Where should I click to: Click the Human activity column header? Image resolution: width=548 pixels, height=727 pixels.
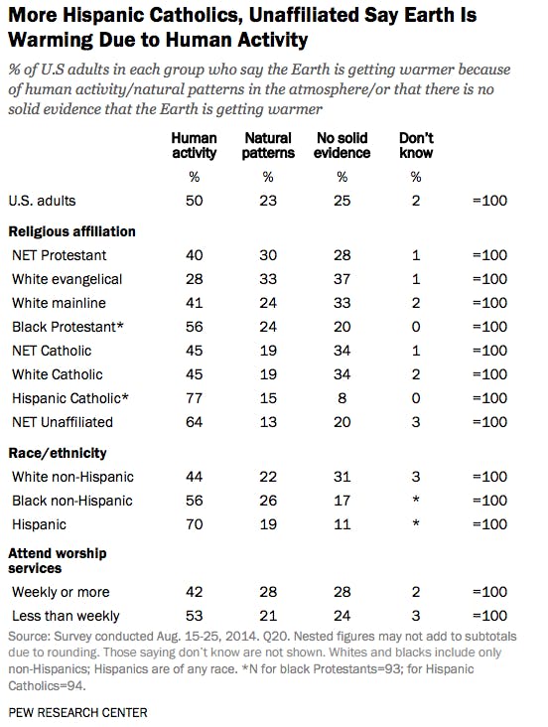[194, 145]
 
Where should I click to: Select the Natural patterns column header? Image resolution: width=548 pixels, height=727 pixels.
[268, 145]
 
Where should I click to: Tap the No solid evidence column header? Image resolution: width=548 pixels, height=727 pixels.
[342, 145]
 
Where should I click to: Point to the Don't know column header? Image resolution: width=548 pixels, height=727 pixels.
[416, 145]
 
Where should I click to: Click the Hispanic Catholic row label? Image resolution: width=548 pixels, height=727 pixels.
[70, 398]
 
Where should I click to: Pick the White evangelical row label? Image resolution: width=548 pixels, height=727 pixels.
[67, 279]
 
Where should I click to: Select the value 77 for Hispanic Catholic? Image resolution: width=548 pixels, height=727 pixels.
[194, 398]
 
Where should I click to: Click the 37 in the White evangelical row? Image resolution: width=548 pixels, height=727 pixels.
[342, 279]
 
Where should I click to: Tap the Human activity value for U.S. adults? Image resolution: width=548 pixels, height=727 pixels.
[194, 201]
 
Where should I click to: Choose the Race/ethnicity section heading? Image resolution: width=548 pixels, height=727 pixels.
[58, 453]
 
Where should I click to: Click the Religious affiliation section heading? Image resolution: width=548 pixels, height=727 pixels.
[71, 231]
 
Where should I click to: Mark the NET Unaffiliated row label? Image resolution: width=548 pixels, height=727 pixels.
[63, 422]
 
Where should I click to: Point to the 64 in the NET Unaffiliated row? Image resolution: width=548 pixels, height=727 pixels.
[194, 422]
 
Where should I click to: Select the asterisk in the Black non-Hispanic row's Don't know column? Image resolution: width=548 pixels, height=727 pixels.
[416, 500]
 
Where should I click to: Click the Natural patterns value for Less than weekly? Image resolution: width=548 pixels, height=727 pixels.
[268, 616]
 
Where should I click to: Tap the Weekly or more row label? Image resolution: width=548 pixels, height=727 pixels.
[61, 592]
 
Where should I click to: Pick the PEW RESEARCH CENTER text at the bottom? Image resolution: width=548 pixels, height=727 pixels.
[77, 713]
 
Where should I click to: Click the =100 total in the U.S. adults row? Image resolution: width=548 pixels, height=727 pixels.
[489, 201]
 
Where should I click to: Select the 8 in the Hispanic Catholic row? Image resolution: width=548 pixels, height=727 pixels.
[342, 398]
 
